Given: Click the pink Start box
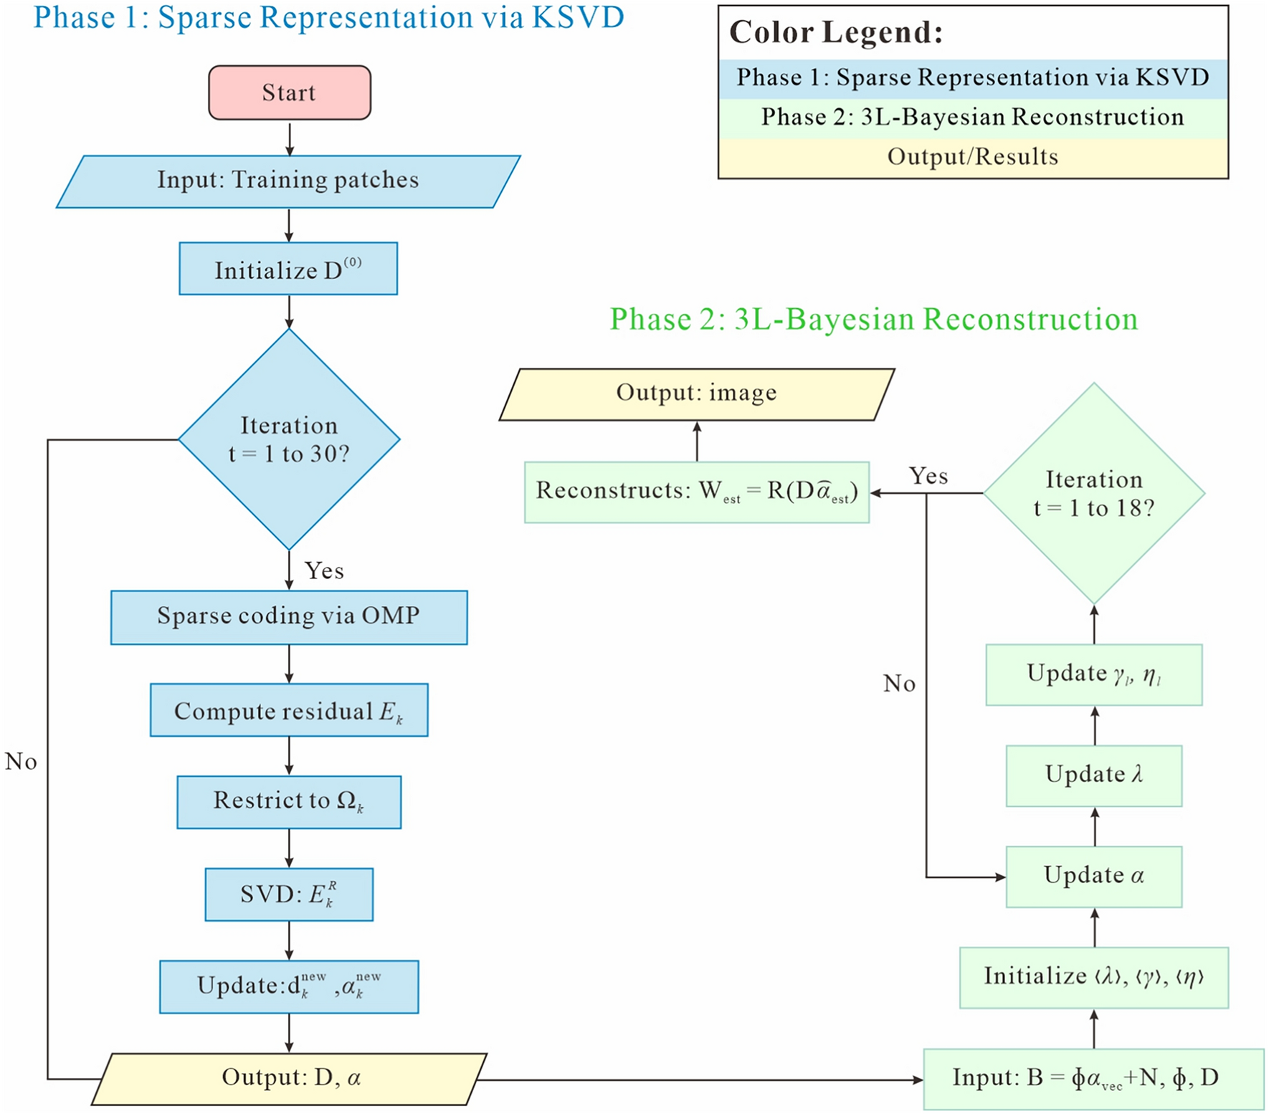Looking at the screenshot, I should coord(290,92).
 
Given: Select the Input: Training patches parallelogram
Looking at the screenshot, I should coord(288,181).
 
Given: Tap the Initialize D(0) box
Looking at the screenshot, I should coord(288,269).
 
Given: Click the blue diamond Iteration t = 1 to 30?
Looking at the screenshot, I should coord(289,439).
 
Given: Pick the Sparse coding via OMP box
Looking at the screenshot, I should coord(289,617).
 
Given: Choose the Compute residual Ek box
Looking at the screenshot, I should coord(289,710).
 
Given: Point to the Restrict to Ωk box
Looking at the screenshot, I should coord(289,801).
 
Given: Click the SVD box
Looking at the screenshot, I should coord(289,894).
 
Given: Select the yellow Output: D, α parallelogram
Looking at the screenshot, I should coord(290,1078).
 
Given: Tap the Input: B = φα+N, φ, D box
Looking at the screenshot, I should coord(1093,1079).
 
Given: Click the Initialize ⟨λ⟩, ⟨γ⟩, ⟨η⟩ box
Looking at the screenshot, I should coord(1093,978).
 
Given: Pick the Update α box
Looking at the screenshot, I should coord(1093,876).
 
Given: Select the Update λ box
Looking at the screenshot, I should coord(1093,775).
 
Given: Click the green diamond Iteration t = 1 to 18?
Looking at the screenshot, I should coord(1093,493).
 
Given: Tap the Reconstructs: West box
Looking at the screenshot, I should coord(696,492).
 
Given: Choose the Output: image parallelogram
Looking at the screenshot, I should coord(696,394).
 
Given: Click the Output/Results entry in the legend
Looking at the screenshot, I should coord(972,157).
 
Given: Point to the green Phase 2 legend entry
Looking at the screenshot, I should coord(972,118).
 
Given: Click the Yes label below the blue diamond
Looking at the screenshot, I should coord(324,571).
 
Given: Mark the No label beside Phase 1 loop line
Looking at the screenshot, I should coord(21,761).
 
